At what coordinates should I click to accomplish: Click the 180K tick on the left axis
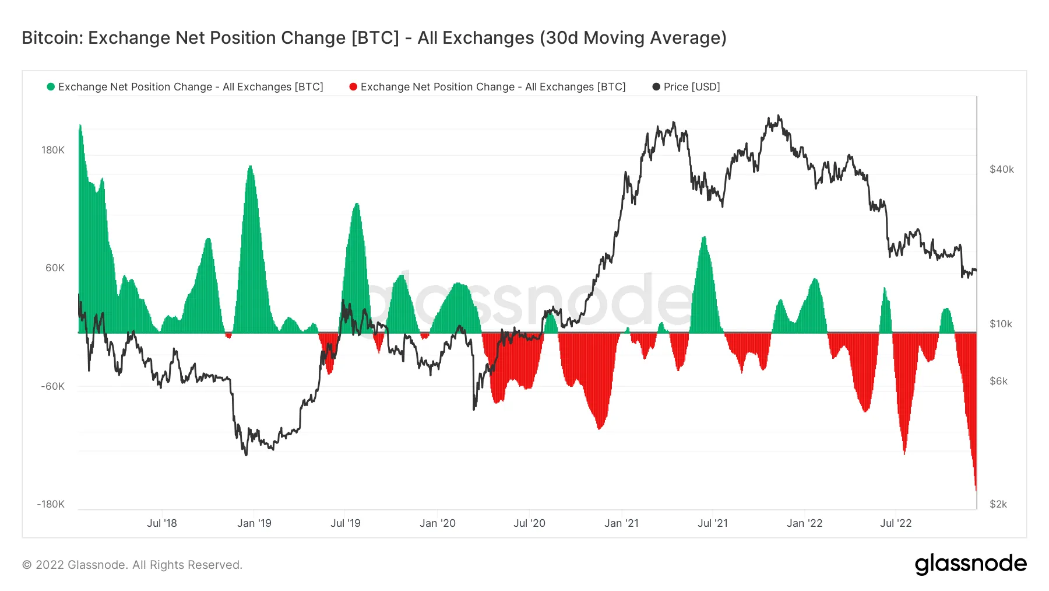click(x=52, y=150)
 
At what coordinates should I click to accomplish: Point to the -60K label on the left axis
click(x=52, y=386)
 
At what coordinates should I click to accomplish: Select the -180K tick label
click(x=51, y=504)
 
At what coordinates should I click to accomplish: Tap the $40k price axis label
click(x=1001, y=169)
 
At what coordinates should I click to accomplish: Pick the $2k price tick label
click(x=998, y=504)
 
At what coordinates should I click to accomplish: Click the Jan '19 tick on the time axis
click(x=254, y=523)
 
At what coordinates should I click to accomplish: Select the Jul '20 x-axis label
click(x=529, y=523)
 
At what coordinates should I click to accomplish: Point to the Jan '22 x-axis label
click(x=804, y=523)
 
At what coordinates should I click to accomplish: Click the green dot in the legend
click(x=51, y=87)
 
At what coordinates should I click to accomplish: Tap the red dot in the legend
click(x=353, y=87)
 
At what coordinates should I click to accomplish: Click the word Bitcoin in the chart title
click(x=52, y=38)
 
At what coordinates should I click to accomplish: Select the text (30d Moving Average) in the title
click(x=633, y=38)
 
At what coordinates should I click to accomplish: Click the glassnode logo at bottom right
click(x=970, y=564)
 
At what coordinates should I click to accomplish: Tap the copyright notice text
click(x=132, y=565)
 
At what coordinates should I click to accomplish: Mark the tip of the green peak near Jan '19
click(x=250, y=166)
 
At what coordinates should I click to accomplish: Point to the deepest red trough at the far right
click(x=976, y=490)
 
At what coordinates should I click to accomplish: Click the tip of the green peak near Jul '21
click(x=704, y=237)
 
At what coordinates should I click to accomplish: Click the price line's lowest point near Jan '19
click(x=246, y=455)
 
